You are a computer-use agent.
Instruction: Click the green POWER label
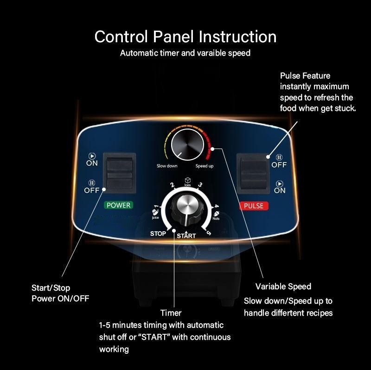(x=118, y=205)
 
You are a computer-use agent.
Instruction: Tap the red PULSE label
(x=254, y=206)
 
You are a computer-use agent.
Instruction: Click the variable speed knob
(x=187, y=145)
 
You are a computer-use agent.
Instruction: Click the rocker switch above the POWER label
(x=120, y=173)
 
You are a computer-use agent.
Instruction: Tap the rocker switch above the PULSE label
(x=253, y=174)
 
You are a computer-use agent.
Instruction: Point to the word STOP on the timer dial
(x=158, y=234)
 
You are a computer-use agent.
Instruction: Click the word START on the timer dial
(x=186, y=236)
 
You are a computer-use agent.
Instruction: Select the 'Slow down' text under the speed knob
(x=167, y=166)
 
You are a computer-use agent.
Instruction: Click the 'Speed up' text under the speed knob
(x=205, y=166)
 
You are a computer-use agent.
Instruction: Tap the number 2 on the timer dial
(x=172, y=185)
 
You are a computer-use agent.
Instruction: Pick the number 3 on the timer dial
(x=200, y=184)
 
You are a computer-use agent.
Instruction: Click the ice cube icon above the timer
(x=187, y=180)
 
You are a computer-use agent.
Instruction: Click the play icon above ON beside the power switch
(x=92, y=156)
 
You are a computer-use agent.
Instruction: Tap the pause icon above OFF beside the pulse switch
(x=279, y=157)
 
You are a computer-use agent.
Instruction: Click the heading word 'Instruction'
(x=237, y=37)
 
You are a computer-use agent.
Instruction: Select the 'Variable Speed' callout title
(x=283, y=286)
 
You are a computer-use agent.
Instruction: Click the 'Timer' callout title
(x=171, y=313)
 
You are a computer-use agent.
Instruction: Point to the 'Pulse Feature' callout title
(x=305, y=76)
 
